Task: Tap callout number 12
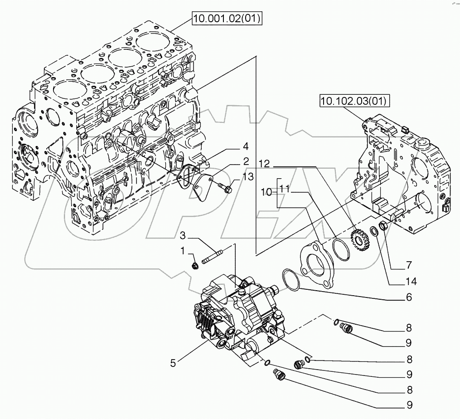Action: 265,164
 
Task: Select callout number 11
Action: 285,187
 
